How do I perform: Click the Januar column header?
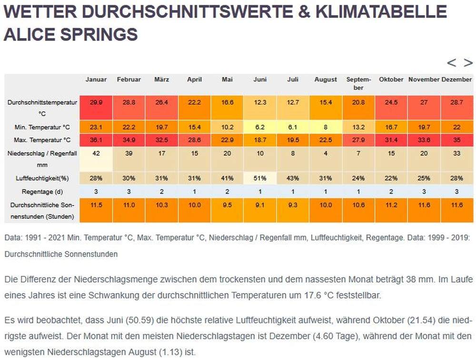point(96,79)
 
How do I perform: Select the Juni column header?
point(260,79)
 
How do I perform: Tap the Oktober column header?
point(391,79)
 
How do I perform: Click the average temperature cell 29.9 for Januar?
point(96,102)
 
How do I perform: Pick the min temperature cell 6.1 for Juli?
point(293,127)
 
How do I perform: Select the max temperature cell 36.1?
point(96,140)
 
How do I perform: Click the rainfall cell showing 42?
point(96,153)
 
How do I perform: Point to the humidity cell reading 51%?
point(260,178)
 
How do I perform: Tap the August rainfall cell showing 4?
point(326,153)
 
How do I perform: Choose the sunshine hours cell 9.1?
point(260,205)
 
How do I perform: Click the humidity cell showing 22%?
point(391,178)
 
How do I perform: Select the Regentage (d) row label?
point(41,192)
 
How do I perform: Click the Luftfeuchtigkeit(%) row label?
point(41,178)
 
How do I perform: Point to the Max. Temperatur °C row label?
point(41,140)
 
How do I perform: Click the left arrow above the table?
point(451,63)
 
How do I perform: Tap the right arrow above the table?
point(468,63)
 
